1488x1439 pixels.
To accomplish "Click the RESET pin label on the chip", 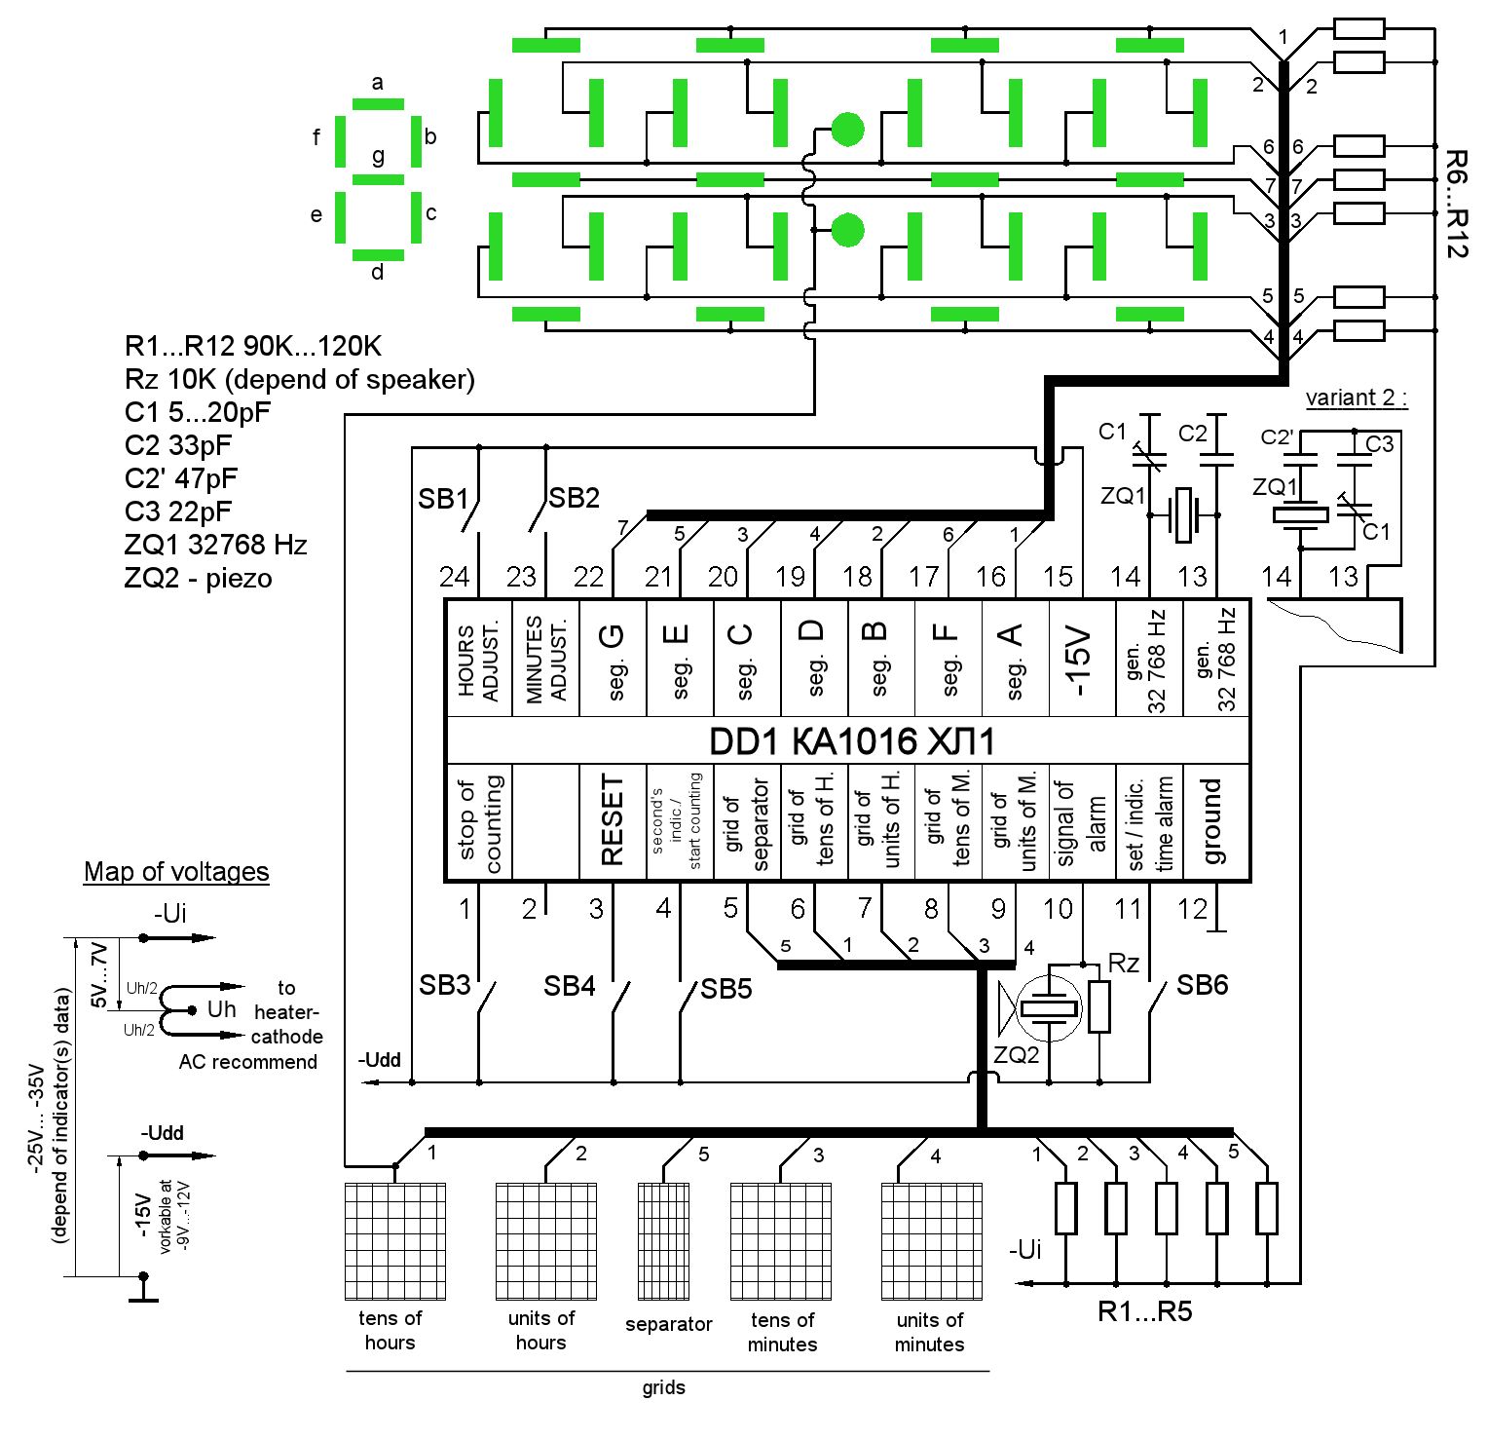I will tap(612, 820).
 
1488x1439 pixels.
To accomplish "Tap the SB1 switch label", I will tap(443, 499).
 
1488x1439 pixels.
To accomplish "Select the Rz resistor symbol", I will tap(1099, 1006).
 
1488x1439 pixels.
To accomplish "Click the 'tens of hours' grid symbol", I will tap(395, 1241).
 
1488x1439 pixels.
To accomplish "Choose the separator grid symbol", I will tap(663, 1241).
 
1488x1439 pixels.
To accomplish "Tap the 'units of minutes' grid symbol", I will tap(931, 1241).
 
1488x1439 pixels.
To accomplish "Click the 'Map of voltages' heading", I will tap(176, 871).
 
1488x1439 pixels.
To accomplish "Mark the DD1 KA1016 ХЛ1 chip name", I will tap(851, 742).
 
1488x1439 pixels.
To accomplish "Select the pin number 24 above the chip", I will tap(454, 577).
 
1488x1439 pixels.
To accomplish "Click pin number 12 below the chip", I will tap(1192, 909).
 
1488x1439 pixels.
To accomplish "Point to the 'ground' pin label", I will tap(1212, 820).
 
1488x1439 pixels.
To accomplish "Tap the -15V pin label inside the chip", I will tap(1081, 659).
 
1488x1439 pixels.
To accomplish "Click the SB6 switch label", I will tap(1202, 985).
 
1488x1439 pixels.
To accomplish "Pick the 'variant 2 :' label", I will tap(1357, 398).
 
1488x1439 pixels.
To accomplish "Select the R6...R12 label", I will tap(1456, 204).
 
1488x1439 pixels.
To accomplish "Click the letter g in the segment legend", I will tap(378, 156).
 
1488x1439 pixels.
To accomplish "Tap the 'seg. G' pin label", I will tap(613, 659).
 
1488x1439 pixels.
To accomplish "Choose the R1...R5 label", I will tap(1144, 1311).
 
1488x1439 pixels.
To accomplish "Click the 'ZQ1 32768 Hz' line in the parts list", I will tap(216, 545).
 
